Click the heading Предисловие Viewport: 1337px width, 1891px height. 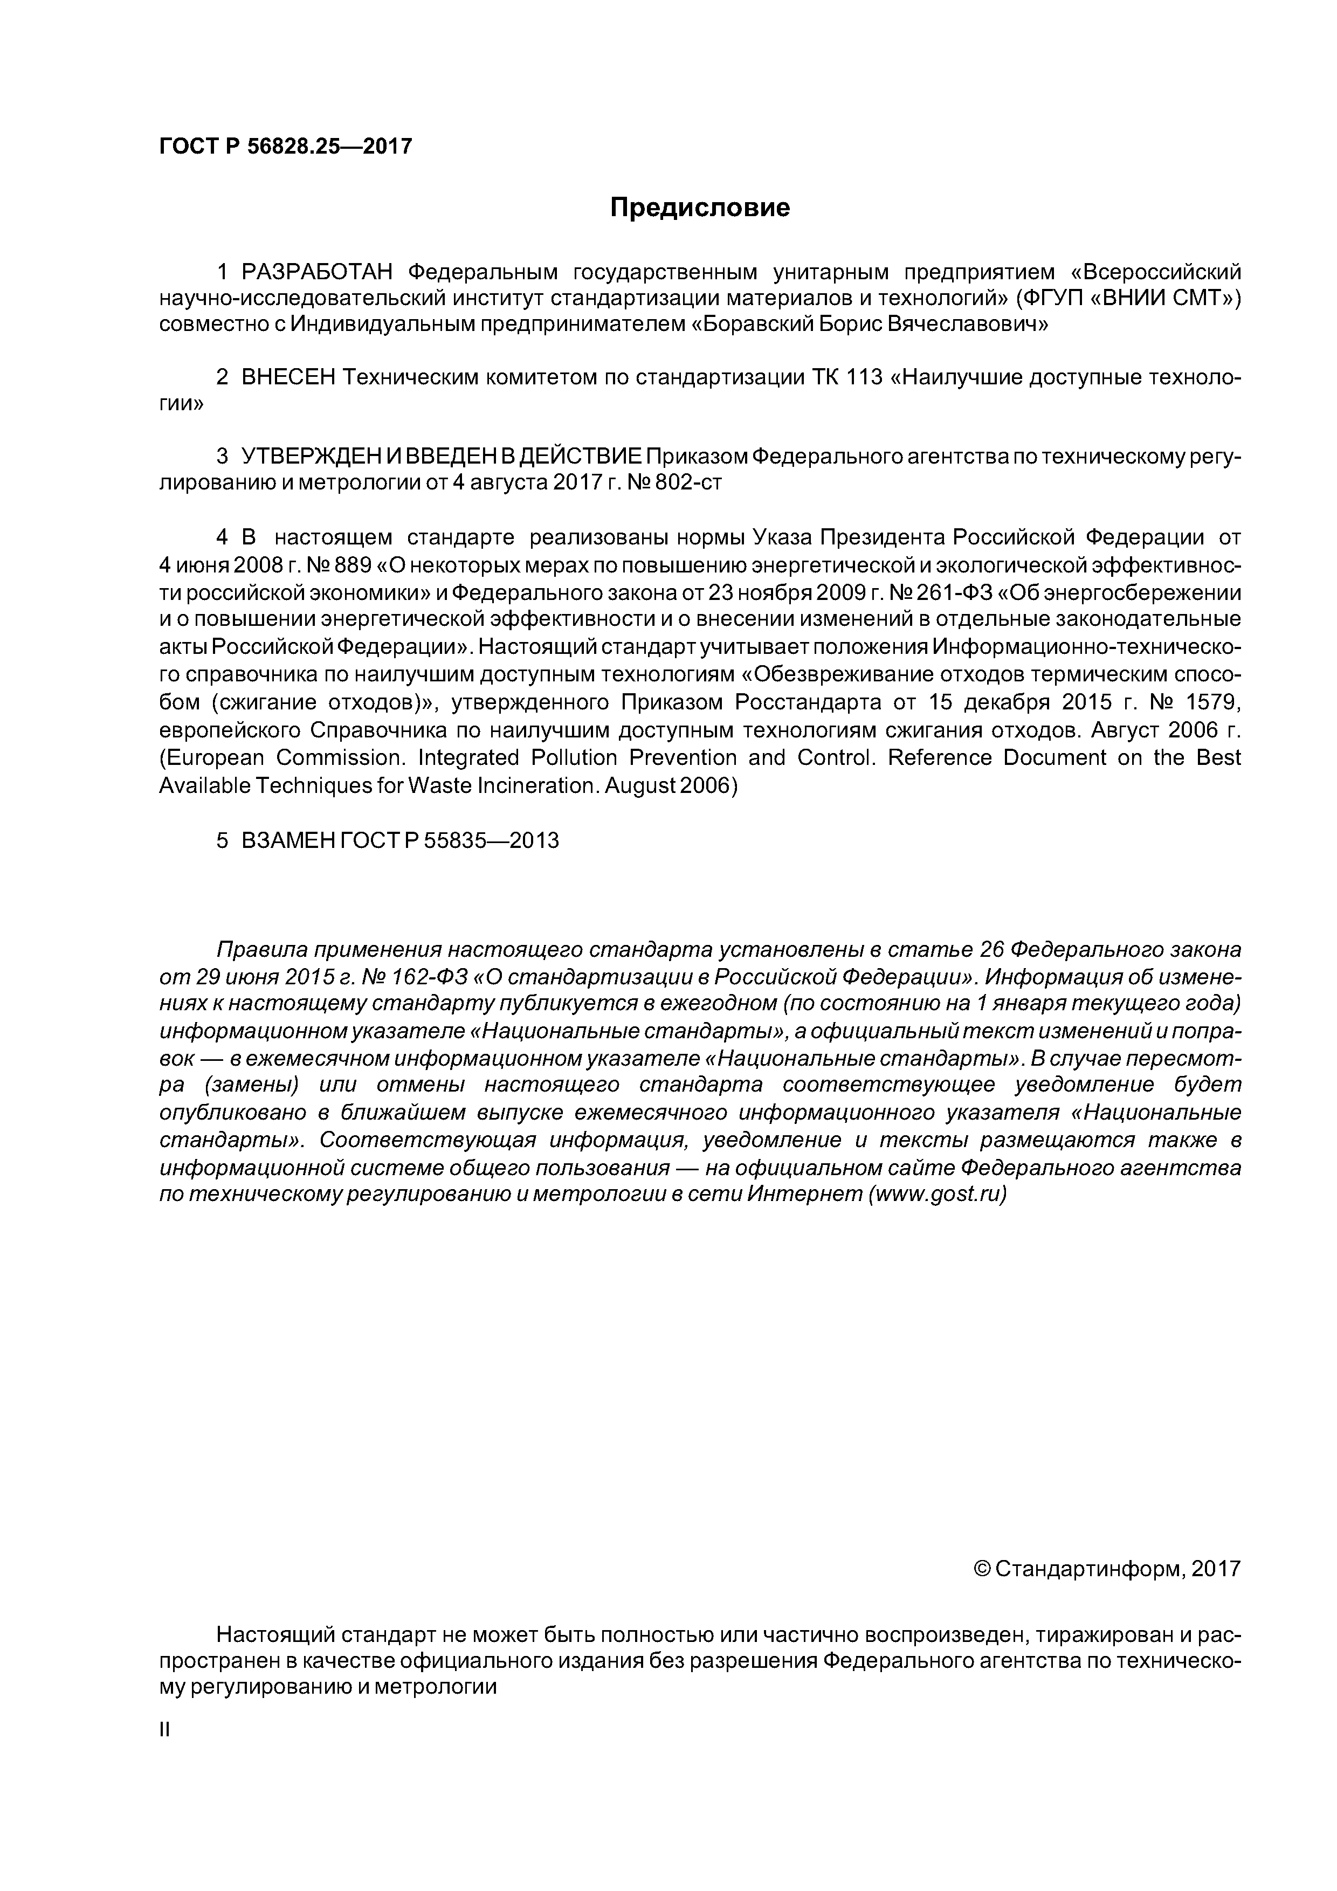(x=699, y=208)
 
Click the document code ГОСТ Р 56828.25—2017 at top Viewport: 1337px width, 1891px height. (x=284, y=147)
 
